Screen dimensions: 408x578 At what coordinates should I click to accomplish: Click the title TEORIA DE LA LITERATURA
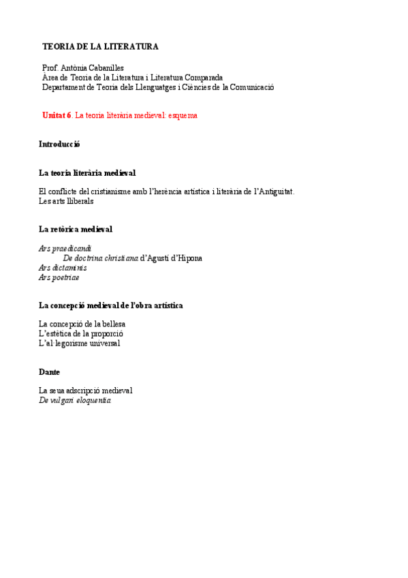[x=100, y=47]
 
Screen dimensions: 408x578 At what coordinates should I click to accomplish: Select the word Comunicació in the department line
[x=251, y=87]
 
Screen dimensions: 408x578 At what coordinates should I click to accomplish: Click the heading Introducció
[x=59, y=144]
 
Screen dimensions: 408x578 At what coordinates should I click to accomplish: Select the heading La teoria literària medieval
[x=87, y=173]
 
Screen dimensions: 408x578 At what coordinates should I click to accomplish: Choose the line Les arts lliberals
[x=66, y=201]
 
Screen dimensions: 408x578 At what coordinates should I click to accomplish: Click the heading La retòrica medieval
[x=76, y=230]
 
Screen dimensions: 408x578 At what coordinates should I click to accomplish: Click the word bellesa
[x=112, y=324]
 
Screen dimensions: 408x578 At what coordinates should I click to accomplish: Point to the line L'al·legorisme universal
[x=79, y=344]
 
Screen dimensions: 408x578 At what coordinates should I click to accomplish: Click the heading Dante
[x=50, y=372]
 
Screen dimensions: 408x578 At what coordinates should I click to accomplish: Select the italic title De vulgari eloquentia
[x=75, y=401]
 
